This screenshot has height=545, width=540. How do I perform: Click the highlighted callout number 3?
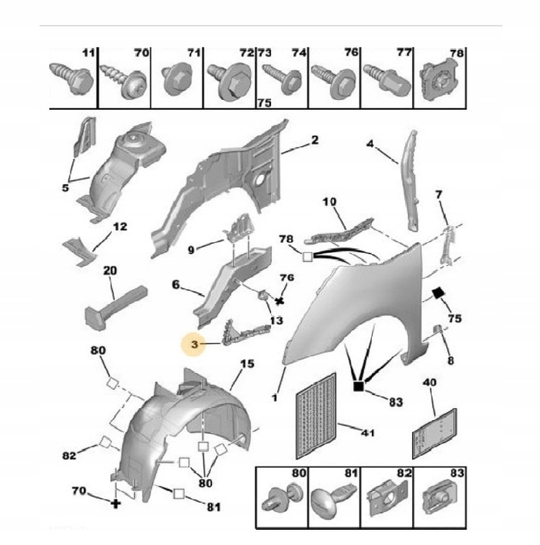(195, 346)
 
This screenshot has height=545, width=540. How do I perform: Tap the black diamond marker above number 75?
(438, 294)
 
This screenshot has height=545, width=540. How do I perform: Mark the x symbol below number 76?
(280, 301)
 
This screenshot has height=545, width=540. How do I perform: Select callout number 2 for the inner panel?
(314, 141)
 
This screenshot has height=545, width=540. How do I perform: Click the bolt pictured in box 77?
(385, 77)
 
